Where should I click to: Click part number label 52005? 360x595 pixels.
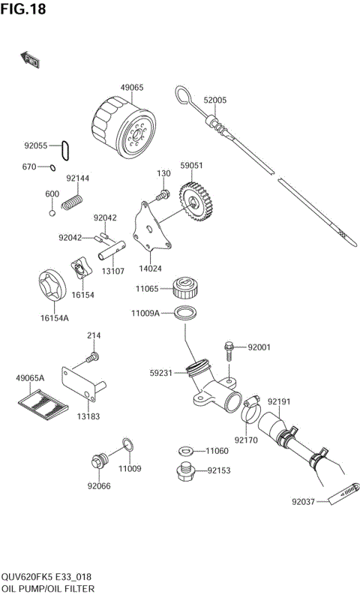214,100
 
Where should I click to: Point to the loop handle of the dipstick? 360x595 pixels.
184,94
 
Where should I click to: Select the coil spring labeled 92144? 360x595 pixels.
73,201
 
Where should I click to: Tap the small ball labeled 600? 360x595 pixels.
52,212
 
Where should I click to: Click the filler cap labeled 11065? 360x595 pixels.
184,287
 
